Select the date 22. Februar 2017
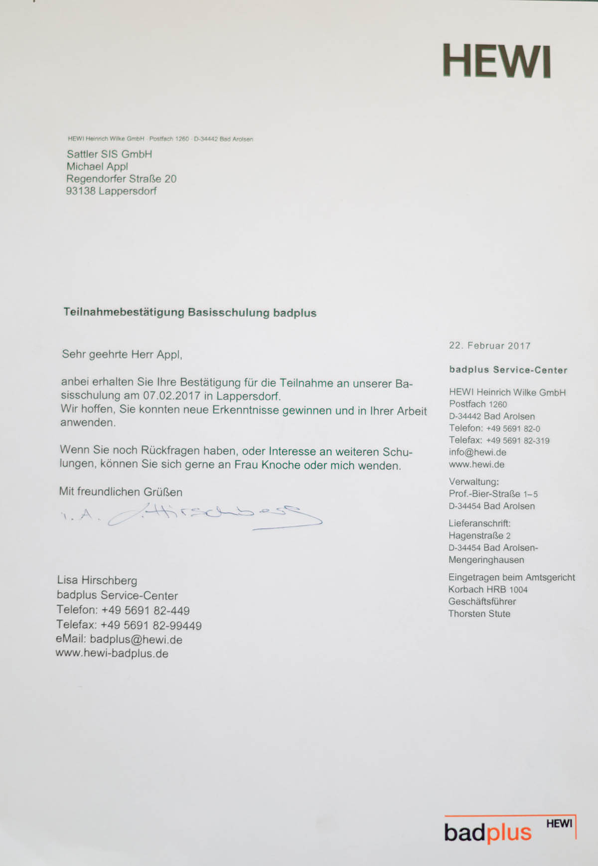(489, 346)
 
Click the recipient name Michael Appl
(97, 167)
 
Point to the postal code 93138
(80, 191)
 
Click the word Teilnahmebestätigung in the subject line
(124, 313)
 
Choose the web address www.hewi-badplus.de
(112, 653)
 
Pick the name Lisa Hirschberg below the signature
(97, 580)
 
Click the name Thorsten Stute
(479, 614)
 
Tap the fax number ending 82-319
(518, 440)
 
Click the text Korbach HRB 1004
(487, 589)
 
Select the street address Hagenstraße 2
(479, 535)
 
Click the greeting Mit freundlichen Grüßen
(121, 492)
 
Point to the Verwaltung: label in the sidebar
(473, 482)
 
